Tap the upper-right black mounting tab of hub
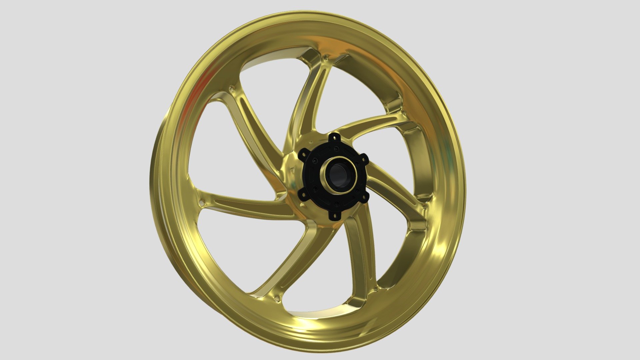[x=364, y=158]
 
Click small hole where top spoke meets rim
[x=325, y=59]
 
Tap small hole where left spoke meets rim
[x=201, y=202]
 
